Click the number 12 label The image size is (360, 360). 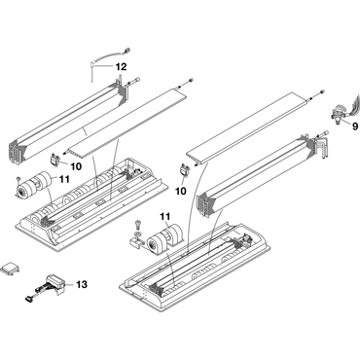(x=121, y=67)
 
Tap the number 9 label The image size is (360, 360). (x=355, y=126)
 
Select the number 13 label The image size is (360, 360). (x=82, y=285)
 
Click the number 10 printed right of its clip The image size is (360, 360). (x=76, y=166)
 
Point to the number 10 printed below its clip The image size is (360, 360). (x=181, y=192)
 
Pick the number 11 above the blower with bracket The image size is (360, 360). (x=165, y=216)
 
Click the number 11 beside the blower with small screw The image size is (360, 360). (x=64, y=178)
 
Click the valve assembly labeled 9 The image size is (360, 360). (x=339, y=115)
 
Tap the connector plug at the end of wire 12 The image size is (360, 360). (x=126, y=51)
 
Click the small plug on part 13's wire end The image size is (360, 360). (x=28, y=298)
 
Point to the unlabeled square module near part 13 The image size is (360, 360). (x=10, y=269)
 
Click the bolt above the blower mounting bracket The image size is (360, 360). (x=137, y=224)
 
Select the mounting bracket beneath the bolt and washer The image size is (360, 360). (x=137, y=241)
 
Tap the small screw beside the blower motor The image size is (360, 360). (x=18, y=179)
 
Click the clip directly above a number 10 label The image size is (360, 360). (x=184, y=170)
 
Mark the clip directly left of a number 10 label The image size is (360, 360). (x=54, y=160)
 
